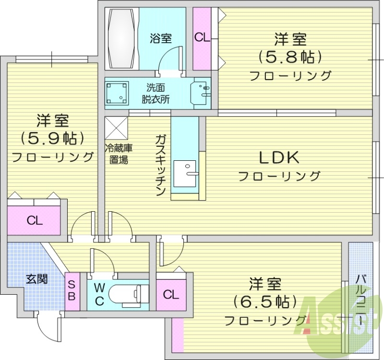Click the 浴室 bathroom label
160,39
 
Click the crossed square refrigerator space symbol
116,128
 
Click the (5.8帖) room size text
290,57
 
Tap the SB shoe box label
71,289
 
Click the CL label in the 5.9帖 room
34,221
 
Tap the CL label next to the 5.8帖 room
202,38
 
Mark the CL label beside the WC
171,294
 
